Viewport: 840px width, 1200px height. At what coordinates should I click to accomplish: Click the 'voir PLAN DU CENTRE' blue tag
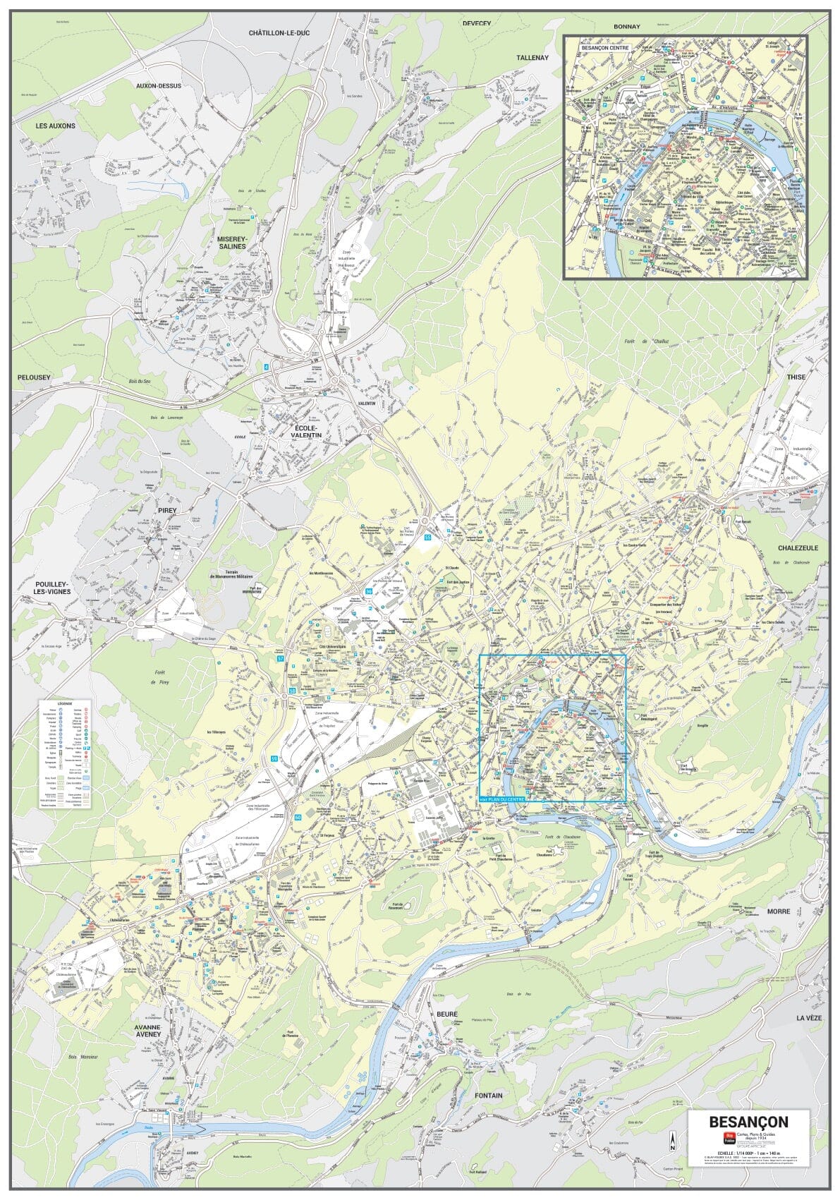click(x=502, y=798)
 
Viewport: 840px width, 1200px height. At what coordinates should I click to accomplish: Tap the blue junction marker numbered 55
click(x=427, y=538)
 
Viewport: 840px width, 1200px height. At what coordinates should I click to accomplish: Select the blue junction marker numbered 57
click(x=281, y=658)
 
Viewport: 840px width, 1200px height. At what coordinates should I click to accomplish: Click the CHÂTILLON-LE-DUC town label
click(x=279, y=33)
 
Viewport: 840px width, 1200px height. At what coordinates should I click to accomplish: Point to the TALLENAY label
click(x=532, y=58)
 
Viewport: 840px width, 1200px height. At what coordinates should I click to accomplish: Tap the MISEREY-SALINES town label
click(x=231, y=243)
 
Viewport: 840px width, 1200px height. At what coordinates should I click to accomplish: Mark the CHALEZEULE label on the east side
click(x=798, y=547)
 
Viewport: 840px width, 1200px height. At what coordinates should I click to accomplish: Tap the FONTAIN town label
click(x=489, y=1096)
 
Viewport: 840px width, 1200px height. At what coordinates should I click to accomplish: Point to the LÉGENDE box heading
click(x=64, y=703)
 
